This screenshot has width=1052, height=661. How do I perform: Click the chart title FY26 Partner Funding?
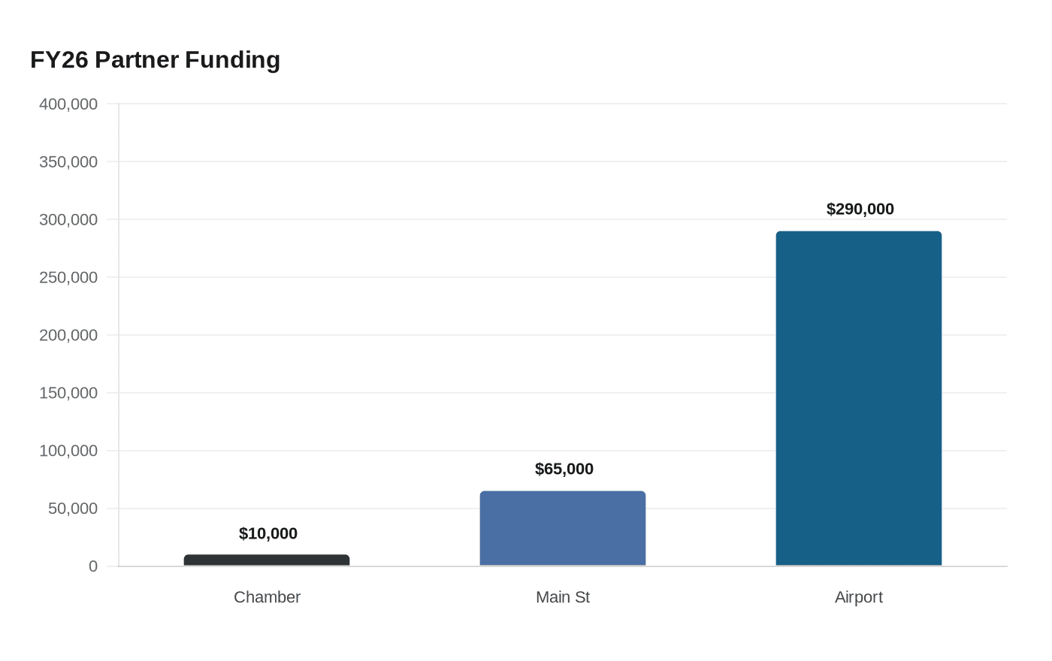click(x=155, y=60)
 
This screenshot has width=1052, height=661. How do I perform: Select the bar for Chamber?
click(x=267, y=560)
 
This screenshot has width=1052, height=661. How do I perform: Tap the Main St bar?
click(x=563, y=529)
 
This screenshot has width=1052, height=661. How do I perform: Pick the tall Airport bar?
click(x=858, y=399)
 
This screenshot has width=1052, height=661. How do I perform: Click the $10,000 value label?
click(x=268, y=533)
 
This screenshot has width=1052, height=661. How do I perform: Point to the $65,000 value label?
click(x=564, y=469)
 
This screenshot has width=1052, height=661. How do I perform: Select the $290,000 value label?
click(x=860, y=209)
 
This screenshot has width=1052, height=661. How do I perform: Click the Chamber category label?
click(x=267, y=597)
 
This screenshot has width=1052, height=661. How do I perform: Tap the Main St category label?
click(x=563, y=597)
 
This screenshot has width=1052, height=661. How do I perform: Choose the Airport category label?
click(x=858, y=598)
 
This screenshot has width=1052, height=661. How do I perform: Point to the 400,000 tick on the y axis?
click(x=68, y=104)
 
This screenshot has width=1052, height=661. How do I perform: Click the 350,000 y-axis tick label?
click(x=68, y=162)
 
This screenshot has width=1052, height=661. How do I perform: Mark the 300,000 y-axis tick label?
click(x=68, y=219)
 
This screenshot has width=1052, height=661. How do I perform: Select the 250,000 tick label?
click(x=68, y=277)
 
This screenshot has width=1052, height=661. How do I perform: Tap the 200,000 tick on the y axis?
click(x=68, y=335)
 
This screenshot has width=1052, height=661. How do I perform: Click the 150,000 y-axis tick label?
click(x=68, y=393)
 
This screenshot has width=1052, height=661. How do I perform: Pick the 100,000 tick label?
click(x=68, y=451)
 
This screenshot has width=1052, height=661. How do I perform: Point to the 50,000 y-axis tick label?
click(x=73, y=509)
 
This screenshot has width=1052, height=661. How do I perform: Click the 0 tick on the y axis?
click(x=93, y=566)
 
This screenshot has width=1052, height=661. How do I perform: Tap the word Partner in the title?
click(x=137, y=60)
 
